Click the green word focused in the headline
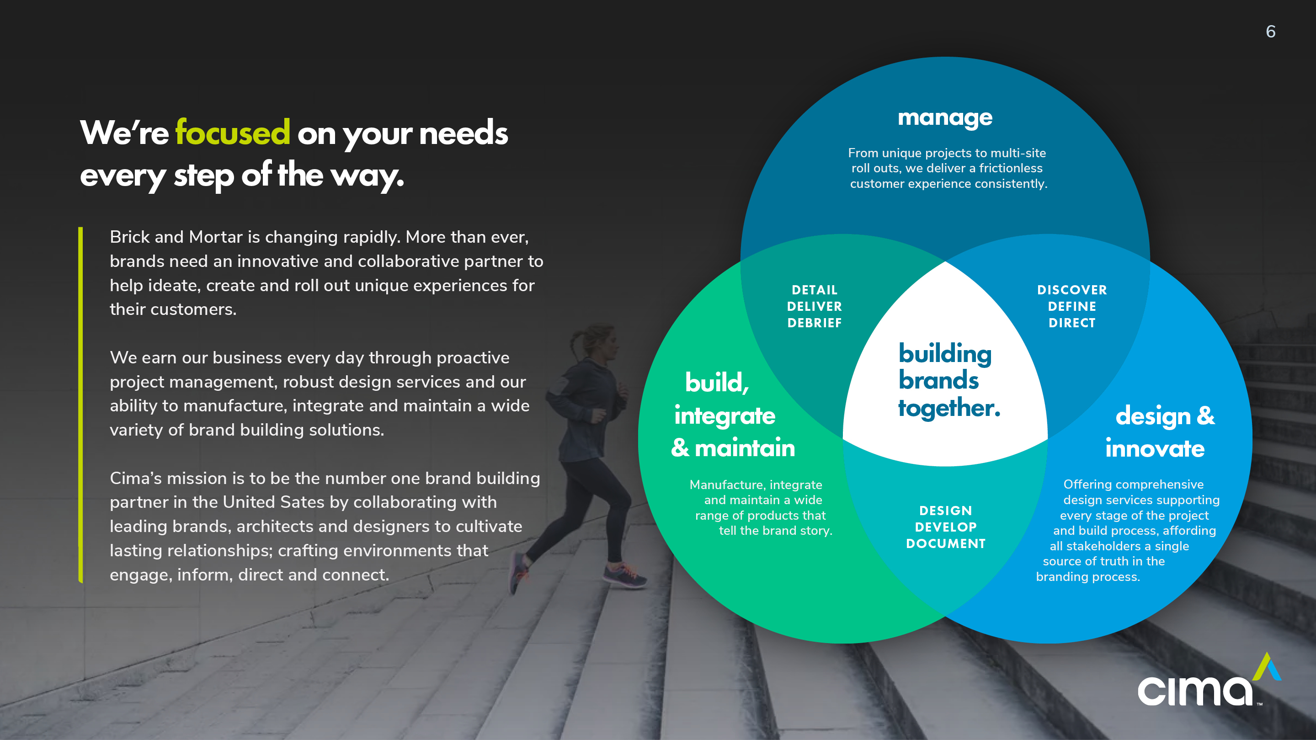point(233,132)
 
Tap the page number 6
point(1271,32)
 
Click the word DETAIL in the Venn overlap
point(814,290)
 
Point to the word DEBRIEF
point(814,323)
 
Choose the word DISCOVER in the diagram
point(1072,290)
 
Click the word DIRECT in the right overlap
point(1072,323)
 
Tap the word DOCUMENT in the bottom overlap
point(946,543)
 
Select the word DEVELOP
point(946,527)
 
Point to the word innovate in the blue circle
point(1155,448)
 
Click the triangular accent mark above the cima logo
point(1267,666)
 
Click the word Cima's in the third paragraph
point(136,478)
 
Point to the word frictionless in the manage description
point(1011,168)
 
